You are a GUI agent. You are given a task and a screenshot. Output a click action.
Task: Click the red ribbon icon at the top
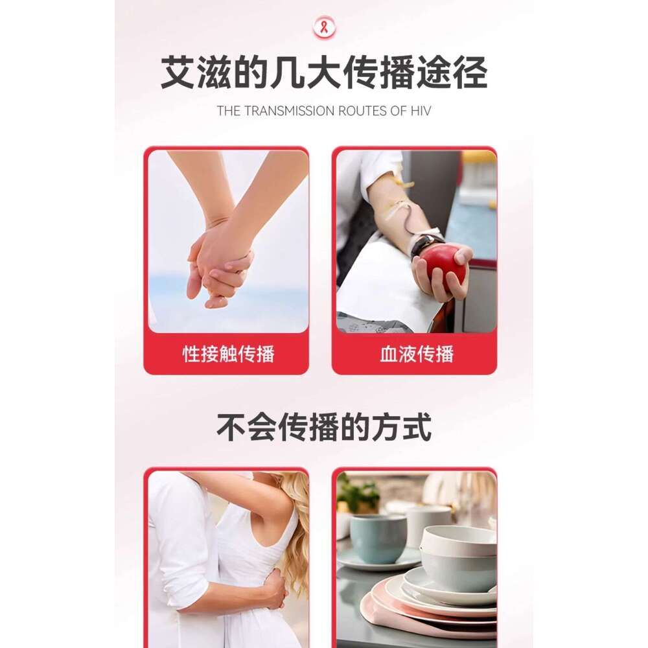(x=324, y=28)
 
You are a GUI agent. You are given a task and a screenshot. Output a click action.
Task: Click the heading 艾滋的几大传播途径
(x=324, y=73)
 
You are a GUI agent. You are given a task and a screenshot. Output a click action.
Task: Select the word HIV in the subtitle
(x=421, y=111)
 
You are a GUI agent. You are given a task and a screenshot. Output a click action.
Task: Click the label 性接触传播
(x=228, y=354)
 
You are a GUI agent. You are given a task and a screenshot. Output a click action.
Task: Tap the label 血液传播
(x=417, y=354)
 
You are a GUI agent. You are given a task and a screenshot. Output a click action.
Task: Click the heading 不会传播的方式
(x=324, y=427)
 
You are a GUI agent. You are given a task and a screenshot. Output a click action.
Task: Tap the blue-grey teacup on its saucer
(x=378, y=539)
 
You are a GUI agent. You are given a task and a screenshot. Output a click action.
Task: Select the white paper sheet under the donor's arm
(x=384, y=285)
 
